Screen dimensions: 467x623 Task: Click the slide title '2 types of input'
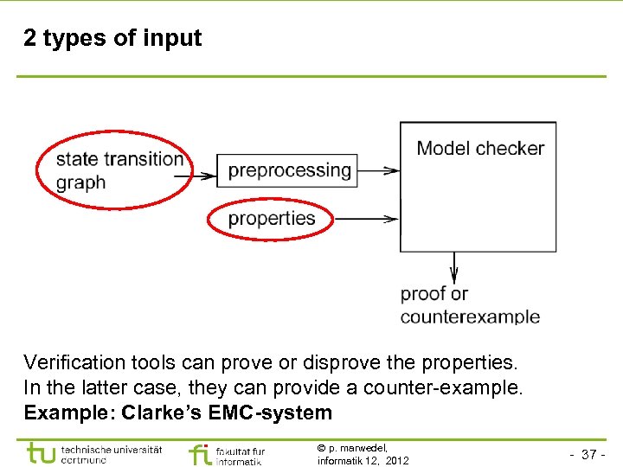pyautogui.click(x=112, y=39)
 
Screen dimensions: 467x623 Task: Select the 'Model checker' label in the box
pyautogui.click(x=480, y=148)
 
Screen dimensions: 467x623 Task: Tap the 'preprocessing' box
pyautogui.click(x=289, y=170)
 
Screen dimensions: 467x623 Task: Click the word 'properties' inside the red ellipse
pyautogui.click(x=271, y=219)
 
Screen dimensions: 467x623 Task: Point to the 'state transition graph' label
pyautogui.click(x=118, y=170)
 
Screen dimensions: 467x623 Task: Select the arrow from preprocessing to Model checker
pyautogui.click(x=377, y=171)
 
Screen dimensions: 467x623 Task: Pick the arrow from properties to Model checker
pyautogui.click(x=366, y=219)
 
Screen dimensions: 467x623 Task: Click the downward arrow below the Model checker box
pyautogui.click(x=454, y=267)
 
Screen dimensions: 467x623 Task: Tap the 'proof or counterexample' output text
pyautogui.click(x=469, y=305)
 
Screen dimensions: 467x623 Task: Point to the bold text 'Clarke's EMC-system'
pyautogui.click(x=227, y=413)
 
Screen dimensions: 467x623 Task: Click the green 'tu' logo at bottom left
pyautogui.click(x=42, y=452)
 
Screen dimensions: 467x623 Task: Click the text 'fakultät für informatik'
pyautogui.click(x=241, y=456)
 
